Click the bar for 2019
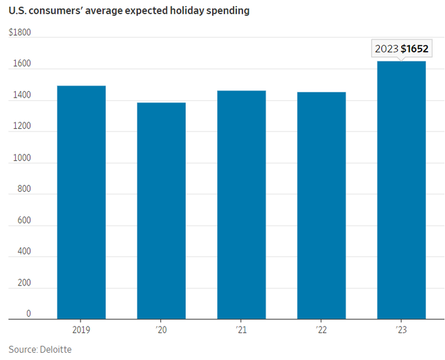81,202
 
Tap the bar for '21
241,205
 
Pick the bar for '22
321,206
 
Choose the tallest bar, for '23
401,190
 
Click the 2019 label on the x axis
81,330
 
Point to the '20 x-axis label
161,330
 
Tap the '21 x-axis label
241,330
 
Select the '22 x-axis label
321,330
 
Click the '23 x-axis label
401,330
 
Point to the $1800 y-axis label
20,32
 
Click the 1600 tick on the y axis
20,63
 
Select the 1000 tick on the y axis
20,157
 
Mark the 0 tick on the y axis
28,314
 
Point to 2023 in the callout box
386,49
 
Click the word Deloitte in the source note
54,350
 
